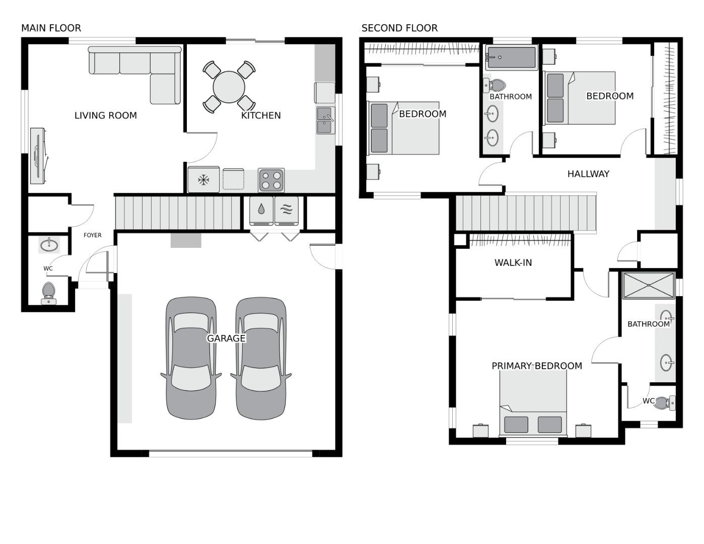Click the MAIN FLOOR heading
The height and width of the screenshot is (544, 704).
coord(51,28)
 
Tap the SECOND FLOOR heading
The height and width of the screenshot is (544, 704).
coord(399,28)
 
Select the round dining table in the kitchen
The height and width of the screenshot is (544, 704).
coord(229,87)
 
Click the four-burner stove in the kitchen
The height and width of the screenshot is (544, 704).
coord(271,180)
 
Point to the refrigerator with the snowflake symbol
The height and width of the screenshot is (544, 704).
coord(203,180)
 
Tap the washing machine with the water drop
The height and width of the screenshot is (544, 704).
coord(261,210)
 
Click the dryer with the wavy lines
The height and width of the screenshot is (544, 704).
coord(286,210)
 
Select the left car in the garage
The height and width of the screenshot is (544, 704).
coord(191,358)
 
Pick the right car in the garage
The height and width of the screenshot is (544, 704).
coord(261,358)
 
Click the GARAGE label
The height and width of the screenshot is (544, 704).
coord(226,338)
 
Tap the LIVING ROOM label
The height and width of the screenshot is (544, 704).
coord(106,115)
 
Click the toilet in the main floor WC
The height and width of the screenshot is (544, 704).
coord(48,293)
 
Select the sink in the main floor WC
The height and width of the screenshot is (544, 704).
coord(49,245)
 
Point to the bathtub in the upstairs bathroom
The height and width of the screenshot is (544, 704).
coord(511,57)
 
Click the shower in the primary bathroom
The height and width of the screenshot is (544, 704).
coord(648,286)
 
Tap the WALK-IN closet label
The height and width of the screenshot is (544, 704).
coord(513,262)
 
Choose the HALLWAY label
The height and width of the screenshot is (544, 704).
coord(588,174)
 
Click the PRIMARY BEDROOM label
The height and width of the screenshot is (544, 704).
coord(537,366)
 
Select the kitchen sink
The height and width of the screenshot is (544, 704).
coord(325,120)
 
